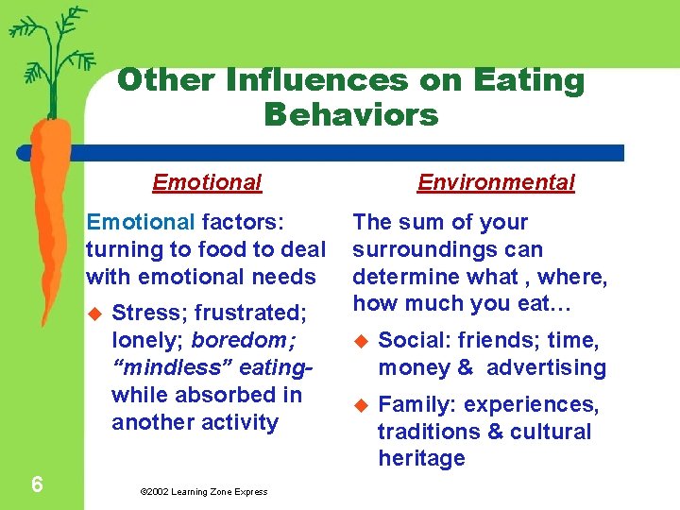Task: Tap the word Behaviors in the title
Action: click(351, 115)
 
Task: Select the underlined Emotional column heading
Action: click(207, 182)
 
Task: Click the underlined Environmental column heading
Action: click(496, 182)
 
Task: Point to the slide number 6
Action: click(36, 484)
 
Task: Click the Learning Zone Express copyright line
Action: click(203, 491)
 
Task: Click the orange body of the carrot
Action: click(47, 208)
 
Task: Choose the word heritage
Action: click(421, 458)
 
